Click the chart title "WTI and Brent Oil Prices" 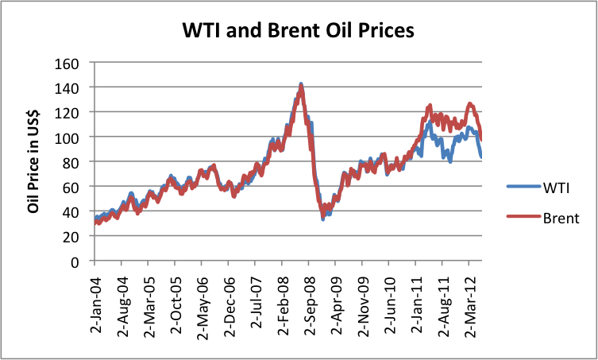pos(299,30)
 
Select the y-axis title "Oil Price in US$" pos(33,161)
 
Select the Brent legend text pos(561,218)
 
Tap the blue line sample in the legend pos(523,186)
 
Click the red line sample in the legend pos(523,217)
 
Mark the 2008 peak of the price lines pos(301,84)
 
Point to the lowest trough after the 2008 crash pos(322,219)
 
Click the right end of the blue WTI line pos(481,156)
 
